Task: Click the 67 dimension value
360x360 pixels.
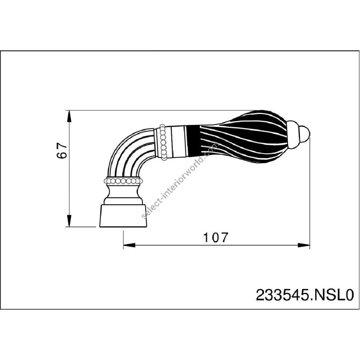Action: (62, 150)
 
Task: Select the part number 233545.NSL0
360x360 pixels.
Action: (305, 295)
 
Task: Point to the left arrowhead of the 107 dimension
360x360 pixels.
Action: (129, 245)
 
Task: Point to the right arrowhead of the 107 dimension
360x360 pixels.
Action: (304, 245)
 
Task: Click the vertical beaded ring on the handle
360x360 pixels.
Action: (163, 142)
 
